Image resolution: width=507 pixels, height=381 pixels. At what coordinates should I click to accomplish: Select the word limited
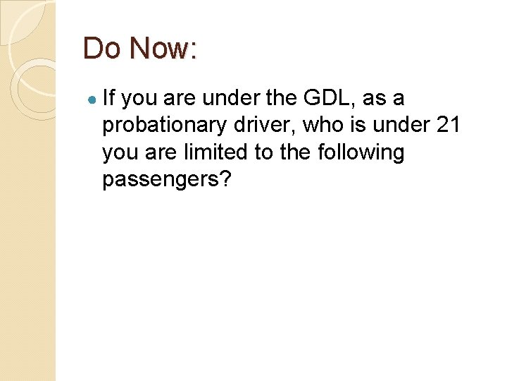pos(211,152)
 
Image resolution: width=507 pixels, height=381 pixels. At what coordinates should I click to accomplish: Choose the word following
pos(358,152)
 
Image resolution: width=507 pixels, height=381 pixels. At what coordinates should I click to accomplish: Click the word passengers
pos(161,179)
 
